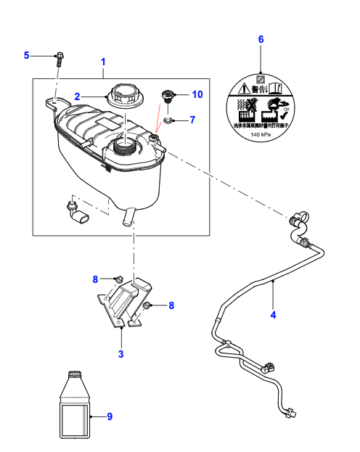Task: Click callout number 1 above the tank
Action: tap(103, 62)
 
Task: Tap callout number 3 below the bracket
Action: tap(121, 354)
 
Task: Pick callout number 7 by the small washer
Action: tap(192, 119)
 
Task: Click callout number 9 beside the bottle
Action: tap(110, 416)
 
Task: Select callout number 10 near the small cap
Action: tap(197, 94)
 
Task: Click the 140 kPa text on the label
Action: tap(261, 135)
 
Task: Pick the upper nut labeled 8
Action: tap(117, 279)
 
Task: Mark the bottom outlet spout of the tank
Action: tap(129, 216)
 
